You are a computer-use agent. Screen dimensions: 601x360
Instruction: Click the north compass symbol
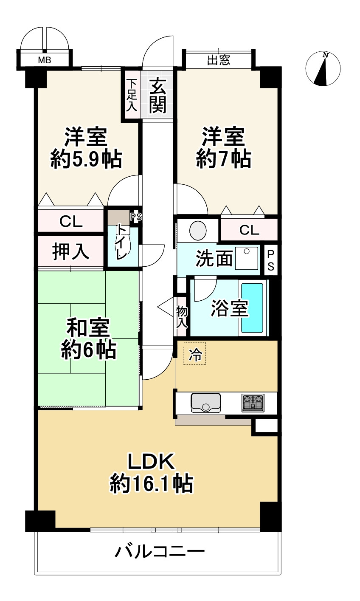point(323,68)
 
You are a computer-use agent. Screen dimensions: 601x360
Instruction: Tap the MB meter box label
point(45,60)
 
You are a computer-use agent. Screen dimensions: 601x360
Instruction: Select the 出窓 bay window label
point(219,60)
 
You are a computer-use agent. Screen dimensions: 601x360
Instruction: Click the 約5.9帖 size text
point(86,160)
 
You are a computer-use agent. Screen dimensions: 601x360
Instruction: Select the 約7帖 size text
point(223,159)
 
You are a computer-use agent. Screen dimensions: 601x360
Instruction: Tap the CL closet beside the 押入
point(70,221)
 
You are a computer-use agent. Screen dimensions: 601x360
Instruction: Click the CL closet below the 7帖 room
point(249,230)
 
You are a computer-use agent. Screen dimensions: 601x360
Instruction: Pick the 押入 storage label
point(70,251)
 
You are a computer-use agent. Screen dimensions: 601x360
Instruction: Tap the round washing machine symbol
point(197,231)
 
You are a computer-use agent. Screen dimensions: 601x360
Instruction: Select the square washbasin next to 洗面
point(247,258)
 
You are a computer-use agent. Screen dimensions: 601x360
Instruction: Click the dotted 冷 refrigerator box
point(195,354)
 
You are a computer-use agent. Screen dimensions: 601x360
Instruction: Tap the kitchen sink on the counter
point(206,403)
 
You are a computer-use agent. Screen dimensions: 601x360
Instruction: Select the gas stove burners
point(253,402)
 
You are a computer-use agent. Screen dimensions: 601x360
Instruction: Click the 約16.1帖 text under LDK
point(152,484)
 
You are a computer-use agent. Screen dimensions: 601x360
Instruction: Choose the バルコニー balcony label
point(160,552)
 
